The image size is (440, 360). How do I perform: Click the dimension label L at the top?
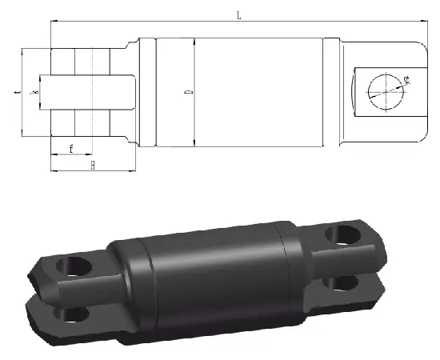point(238,14)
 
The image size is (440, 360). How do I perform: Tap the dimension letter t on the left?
point(15,93)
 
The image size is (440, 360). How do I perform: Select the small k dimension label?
point(33,94)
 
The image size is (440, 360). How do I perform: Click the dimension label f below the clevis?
point(71,149)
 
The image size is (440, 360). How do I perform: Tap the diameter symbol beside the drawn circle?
point(407,79)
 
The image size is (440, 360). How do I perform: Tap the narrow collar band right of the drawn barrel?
point(330,93)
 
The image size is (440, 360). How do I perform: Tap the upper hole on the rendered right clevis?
point(342,234)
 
